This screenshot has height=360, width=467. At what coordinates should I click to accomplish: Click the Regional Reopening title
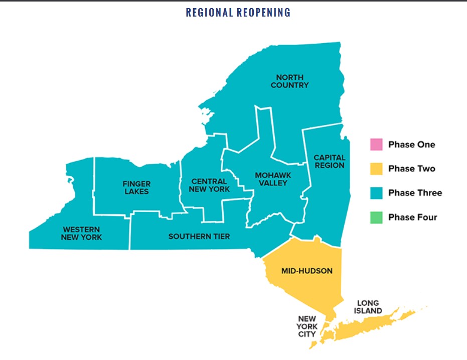click(238, 12)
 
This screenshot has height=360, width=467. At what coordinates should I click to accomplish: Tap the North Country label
click(289, 81)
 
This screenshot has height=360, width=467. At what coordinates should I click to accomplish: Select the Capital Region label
click(329, 161)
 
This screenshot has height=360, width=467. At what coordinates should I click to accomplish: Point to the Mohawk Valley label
click(271, 179)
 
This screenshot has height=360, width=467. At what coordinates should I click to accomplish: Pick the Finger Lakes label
click(136, 188)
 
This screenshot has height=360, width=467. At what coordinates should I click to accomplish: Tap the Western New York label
click(81, 233)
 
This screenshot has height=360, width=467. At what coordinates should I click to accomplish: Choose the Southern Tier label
click(199, 236)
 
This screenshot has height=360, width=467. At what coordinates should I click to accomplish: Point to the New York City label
click(307, 326)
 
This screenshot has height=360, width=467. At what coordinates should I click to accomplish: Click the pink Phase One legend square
click(376, 145)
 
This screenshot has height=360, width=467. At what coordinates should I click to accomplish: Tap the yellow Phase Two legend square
click(376, 169)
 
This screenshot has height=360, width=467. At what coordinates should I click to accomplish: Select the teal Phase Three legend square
click(376, 193)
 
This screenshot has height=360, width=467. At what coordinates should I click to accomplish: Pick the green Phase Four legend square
click(376, 217)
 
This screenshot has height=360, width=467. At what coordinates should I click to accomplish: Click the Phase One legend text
click(411, 145)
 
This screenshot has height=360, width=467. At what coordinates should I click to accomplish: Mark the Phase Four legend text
click(412, 217)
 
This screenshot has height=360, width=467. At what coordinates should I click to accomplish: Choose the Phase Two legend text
click(411, 169)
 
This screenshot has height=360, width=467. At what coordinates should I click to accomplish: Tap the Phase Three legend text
click(415, 193)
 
